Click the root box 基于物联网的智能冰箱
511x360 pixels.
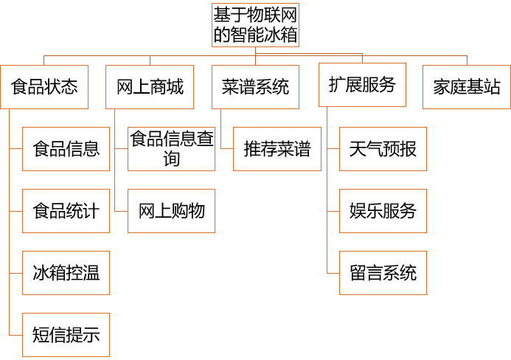255,25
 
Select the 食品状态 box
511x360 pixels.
44,87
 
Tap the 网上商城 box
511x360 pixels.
150,87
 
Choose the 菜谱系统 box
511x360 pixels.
255,87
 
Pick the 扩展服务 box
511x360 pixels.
361,86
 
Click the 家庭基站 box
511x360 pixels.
467,87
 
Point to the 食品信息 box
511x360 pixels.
66,149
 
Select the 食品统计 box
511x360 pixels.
66,211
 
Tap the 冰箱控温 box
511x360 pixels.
66,273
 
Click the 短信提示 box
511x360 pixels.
66,336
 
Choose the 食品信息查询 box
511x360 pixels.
172,148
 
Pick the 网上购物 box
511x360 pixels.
172,211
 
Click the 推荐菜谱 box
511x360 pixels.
277,149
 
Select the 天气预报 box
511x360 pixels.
383,149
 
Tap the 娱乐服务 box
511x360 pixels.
383,211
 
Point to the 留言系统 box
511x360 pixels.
383,273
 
